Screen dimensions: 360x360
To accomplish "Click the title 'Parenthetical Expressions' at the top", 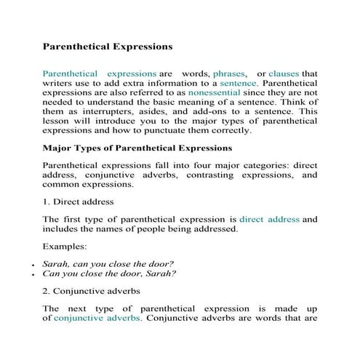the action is pos(108,47).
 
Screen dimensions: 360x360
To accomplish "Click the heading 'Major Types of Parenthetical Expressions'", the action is pos(137,148).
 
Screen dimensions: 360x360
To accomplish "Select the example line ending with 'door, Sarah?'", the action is pos(109,274).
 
